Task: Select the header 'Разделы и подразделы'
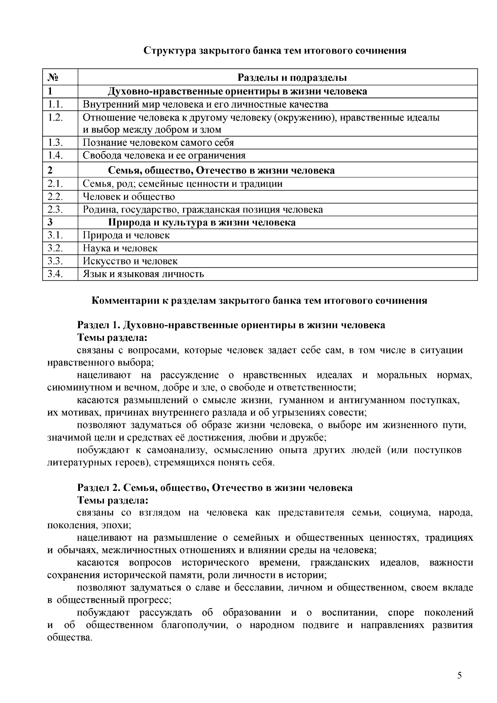(x=292, y=78)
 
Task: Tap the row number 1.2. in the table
(x=55, y=117)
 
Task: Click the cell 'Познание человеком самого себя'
(x=158, y=143)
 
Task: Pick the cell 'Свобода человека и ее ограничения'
(x=164, y=156)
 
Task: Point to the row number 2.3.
(x=55, y=210)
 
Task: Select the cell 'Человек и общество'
(x=129, y=197)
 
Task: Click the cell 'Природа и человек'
(x=126, y=236)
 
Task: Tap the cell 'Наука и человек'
(x=120, y=249)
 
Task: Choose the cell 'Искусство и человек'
(x=130, y=261)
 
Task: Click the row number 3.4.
(x=55, y=274)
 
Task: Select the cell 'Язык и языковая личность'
(x=143, y=274)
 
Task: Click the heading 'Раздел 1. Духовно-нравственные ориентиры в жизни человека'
(x=231, y=325)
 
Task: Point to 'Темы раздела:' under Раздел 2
(x=113, y=500)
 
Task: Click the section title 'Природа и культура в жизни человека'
(x=202, y=223)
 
